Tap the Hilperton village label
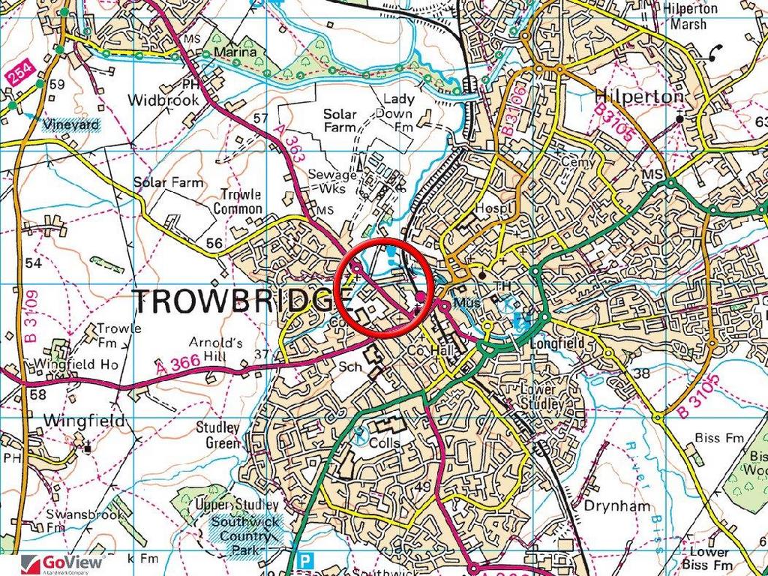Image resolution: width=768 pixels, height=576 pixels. pos(638,97)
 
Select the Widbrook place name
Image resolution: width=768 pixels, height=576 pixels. pos(163,100)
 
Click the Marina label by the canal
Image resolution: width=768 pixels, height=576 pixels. pos(235,53)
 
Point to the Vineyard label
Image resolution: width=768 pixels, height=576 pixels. pos(71,124)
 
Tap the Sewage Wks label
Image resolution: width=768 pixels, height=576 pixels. pos(332,181)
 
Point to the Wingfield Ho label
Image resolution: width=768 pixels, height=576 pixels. pos(76,364)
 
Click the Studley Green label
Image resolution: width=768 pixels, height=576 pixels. pos(217,435)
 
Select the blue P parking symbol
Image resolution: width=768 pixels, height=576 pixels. pos(304,560)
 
